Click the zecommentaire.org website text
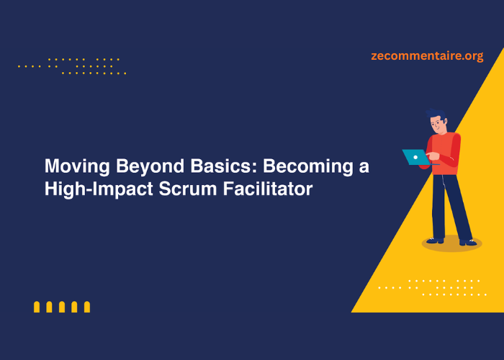(427, 55)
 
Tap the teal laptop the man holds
(415, 156)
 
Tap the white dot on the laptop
(416, 156)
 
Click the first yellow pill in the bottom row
(37, 307)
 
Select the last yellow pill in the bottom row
(87, 307)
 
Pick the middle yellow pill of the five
(62, 307)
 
